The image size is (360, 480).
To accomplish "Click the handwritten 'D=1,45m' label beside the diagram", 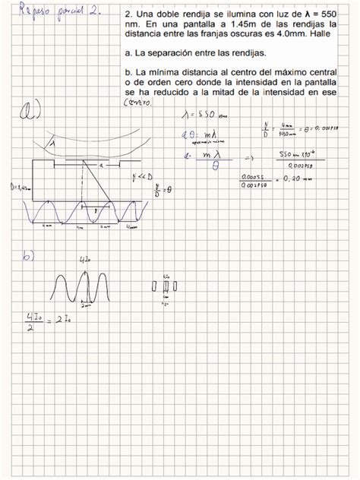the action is [14, 186].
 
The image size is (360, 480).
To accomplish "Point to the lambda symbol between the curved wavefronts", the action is [53, 142].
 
